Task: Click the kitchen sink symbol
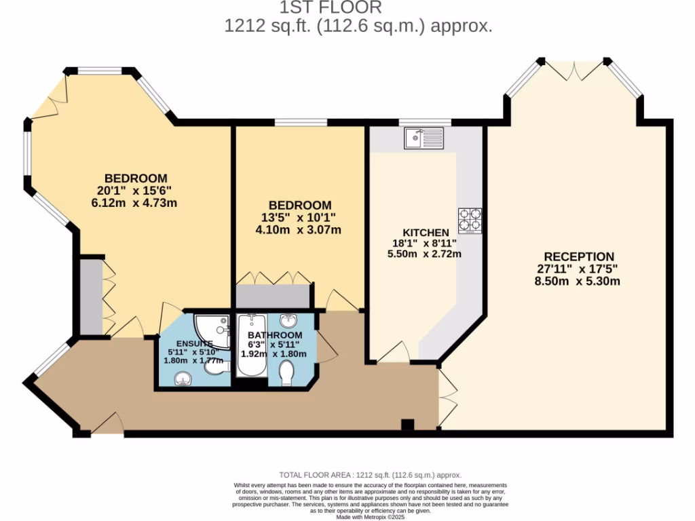point(424,138)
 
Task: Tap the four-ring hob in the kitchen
point(470,220)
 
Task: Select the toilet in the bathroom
point(287,372)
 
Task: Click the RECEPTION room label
point(579,256)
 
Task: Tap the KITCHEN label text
point(426,231)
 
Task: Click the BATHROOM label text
point(274,335)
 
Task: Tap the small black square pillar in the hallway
point(407,425)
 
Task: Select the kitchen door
point(392,353)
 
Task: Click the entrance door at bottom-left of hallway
point(107,425)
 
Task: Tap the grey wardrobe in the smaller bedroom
point(272,296)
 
